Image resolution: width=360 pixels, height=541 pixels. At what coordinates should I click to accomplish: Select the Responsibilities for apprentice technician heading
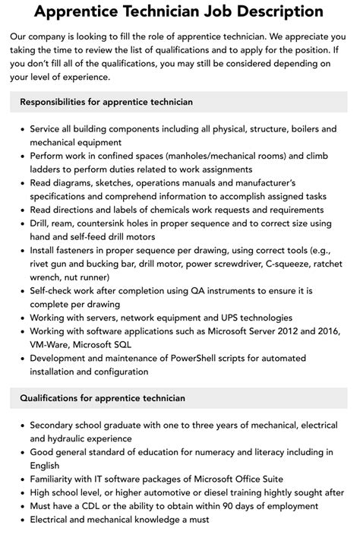coord(106,101)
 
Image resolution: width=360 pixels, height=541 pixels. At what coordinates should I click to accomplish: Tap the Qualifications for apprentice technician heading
coord(102,397)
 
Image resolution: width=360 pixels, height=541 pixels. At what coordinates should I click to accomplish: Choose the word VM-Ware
coord(52,345)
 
